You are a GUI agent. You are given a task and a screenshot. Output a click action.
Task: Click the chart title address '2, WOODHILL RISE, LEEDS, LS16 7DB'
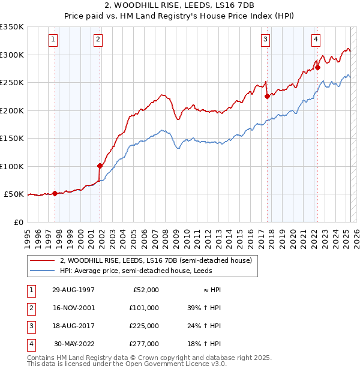[179, 5]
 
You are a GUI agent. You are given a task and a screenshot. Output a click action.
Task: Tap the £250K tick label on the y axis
[12, 82]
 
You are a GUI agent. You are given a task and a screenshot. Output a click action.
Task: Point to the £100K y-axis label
[12, 166]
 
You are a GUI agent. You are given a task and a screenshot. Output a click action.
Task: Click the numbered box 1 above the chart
[53, 40]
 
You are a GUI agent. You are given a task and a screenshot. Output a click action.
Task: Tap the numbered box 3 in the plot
[265, 40]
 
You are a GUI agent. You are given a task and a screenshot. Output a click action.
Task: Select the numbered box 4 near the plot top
[316, 40]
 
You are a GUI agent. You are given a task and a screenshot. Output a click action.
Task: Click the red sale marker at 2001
[100, 166]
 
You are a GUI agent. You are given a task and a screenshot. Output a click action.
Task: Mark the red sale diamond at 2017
[267, 96]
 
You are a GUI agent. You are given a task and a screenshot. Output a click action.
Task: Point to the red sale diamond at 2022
[317, 67]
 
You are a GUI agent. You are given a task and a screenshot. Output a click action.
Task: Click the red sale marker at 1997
[55, 193]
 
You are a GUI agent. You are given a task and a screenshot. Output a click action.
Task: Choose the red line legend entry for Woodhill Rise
[159, 261]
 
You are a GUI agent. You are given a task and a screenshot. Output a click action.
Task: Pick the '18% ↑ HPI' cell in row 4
[204, 344]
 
